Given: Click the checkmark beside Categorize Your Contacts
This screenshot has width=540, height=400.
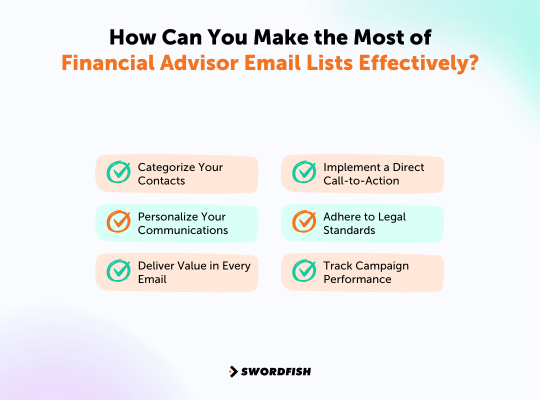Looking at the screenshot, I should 118,172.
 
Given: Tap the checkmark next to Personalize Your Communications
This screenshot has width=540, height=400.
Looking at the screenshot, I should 118,221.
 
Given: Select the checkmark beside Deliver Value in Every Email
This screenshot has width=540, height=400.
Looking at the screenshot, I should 118,271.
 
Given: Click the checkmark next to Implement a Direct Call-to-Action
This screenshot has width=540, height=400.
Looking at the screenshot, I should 304,172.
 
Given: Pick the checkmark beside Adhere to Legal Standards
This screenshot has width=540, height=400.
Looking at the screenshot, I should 304,221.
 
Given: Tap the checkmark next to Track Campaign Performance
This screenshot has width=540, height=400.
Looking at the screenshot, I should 304,271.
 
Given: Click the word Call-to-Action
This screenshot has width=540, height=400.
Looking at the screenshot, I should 361,180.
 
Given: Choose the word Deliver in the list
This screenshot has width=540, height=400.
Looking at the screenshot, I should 155,266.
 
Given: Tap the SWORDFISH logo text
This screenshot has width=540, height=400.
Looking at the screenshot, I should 276,371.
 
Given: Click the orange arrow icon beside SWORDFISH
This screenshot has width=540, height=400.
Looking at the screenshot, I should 233,371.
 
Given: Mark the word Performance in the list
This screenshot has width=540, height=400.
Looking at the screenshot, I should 357,279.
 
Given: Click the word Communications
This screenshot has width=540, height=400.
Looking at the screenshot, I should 183,230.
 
